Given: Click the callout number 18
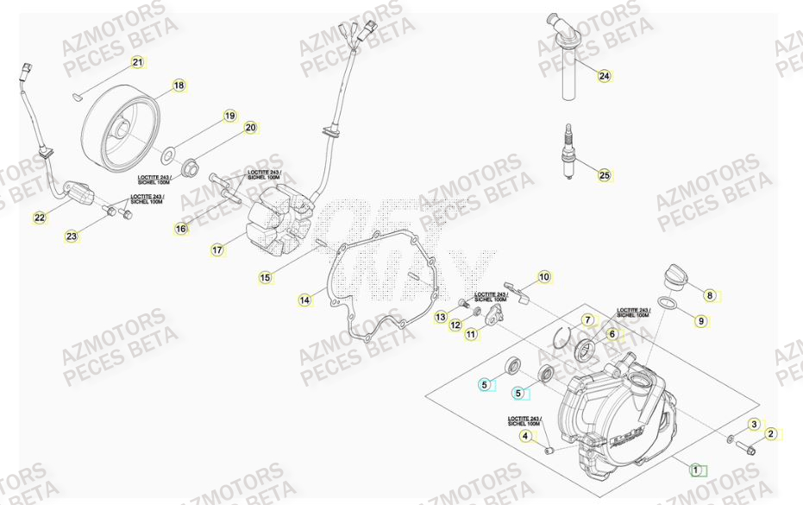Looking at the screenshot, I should pyautogui.click(x=178, y=85).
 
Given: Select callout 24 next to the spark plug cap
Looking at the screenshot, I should pyautogui.click(x=604, y=76).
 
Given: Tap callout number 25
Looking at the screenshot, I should pyautogui.click(x=604, y=175).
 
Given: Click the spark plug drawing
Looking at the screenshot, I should pyautogui.click(x=568, y=154).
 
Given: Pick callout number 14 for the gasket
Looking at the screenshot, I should pyautogui.click(x=304, y=300).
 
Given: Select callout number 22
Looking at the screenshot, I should pyautogui.click(x=40, y=218).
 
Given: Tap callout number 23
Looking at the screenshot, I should pyautogui.click(x=71, y=235).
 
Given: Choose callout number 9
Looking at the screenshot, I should pyautogui.click(x=700, y=321).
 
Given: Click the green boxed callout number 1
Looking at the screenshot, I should pyautogui.click(x=696, y=470).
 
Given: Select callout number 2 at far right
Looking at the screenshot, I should pyautogui.click(x=771, y=434).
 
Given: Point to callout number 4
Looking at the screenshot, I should pyautogui.click(x=524, y=437).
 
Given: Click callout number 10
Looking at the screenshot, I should pyautogui.click(x=543, y=277).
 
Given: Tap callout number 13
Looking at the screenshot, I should pyautogui.click(x=440, y=318).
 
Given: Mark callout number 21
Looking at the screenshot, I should pyautogui.click(x=137, y=62).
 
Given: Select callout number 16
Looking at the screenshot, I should pyautogui.click(x=180, y=229).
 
